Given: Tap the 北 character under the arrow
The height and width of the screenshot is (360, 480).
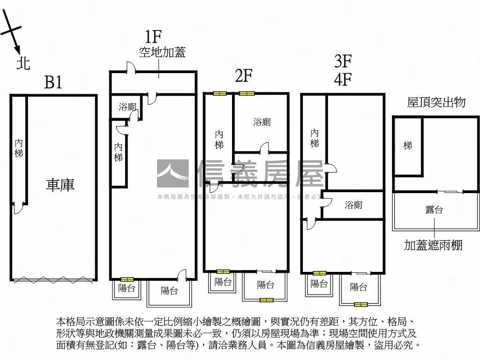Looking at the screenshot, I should click(23, 62).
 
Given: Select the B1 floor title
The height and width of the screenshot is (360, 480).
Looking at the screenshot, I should click(53, 82).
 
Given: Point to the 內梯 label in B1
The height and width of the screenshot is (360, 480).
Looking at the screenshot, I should click(19, 147).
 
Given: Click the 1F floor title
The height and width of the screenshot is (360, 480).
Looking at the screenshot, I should click(153, 36).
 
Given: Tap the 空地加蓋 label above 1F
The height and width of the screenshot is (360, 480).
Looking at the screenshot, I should click(162, 52).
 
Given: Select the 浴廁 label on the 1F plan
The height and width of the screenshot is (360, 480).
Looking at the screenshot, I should click(127, 107).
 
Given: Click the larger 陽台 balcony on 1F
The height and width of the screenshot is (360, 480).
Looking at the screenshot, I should click(169, 291).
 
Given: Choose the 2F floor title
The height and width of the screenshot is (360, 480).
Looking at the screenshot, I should click(244, 75).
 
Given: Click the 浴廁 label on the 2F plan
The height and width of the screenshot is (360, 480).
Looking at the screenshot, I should click(262, 122).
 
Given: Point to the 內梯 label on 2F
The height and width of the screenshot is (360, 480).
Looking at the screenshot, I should click(219, 140).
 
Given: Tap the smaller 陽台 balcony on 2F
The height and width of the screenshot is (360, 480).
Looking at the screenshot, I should click(223, 282).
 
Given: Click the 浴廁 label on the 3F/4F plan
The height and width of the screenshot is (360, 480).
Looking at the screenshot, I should click(353, 205).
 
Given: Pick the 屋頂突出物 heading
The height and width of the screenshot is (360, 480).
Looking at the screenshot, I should click(436, 102).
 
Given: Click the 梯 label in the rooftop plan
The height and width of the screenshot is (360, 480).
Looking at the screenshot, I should click(408, 146).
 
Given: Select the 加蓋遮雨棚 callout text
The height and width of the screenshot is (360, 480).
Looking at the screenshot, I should click(433, 245).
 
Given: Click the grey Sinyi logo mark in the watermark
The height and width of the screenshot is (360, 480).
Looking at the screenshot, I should click(172, 174).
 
